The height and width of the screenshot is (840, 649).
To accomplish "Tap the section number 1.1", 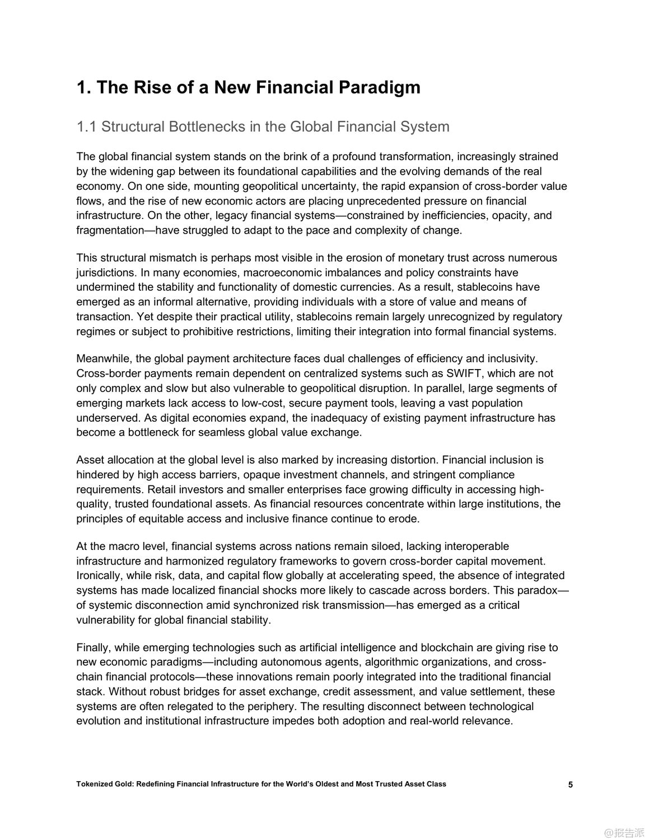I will [87, 127].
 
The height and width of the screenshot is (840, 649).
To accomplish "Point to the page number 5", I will [571, 785].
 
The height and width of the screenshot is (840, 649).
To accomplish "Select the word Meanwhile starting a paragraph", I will [104, 359].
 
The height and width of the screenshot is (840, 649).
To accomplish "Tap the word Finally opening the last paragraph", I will [94, 648].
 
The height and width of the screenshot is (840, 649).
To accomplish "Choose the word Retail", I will [91, 489].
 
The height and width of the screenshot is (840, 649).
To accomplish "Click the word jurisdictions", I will [106, 273].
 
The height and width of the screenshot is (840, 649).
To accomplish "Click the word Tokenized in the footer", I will [94, 784].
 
